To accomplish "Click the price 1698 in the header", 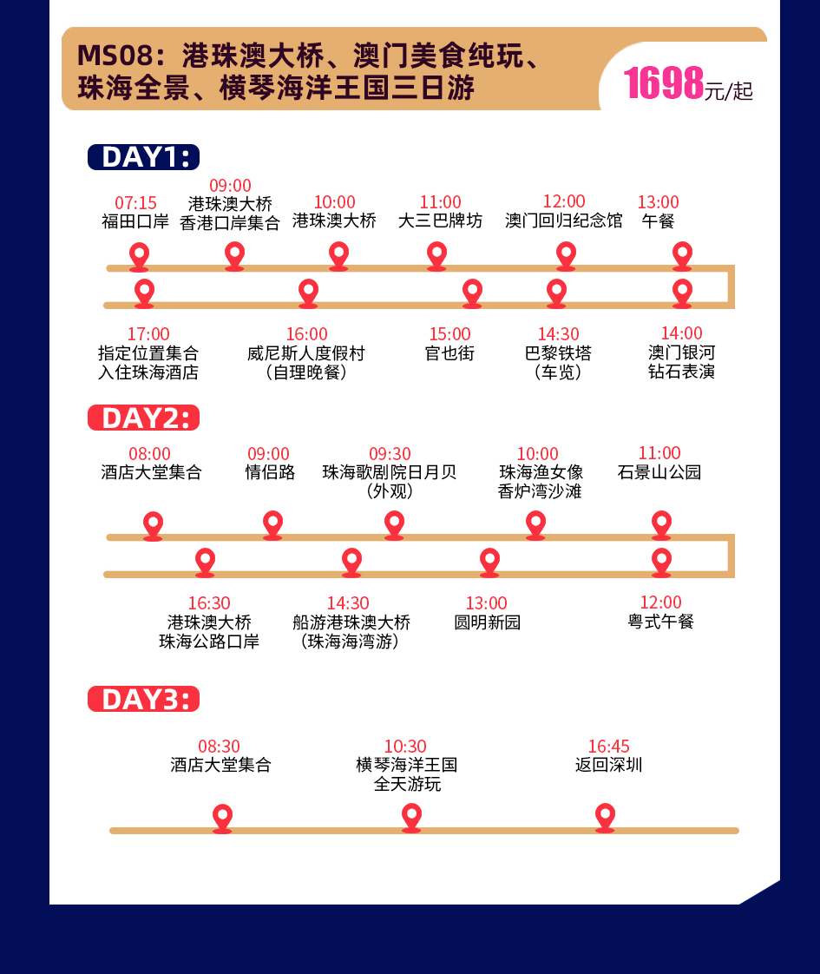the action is point(663,83).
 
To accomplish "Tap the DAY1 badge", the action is point(143,157).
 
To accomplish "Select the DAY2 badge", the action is point(143,418).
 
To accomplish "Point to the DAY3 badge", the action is point(143,699).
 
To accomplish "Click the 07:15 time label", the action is point(135,203).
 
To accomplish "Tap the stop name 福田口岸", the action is point(135,221).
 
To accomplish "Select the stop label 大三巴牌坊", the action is point(440,221).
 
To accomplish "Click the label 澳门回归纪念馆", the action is point(564,221).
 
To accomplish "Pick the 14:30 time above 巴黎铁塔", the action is point(558,334).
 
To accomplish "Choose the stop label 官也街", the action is point(449,353).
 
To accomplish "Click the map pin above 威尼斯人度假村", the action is point(308,293).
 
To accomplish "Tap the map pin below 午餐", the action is point(683,255).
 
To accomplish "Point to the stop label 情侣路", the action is point(269,473).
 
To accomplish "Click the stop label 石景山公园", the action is point(659,473).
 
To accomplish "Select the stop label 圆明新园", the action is point(487,622).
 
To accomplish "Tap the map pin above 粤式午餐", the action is point(661,562).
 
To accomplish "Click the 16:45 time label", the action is point(608,747).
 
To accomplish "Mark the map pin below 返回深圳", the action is point(605,817).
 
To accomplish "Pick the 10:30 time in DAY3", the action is point(405,747).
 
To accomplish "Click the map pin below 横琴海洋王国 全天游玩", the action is point(411,817).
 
